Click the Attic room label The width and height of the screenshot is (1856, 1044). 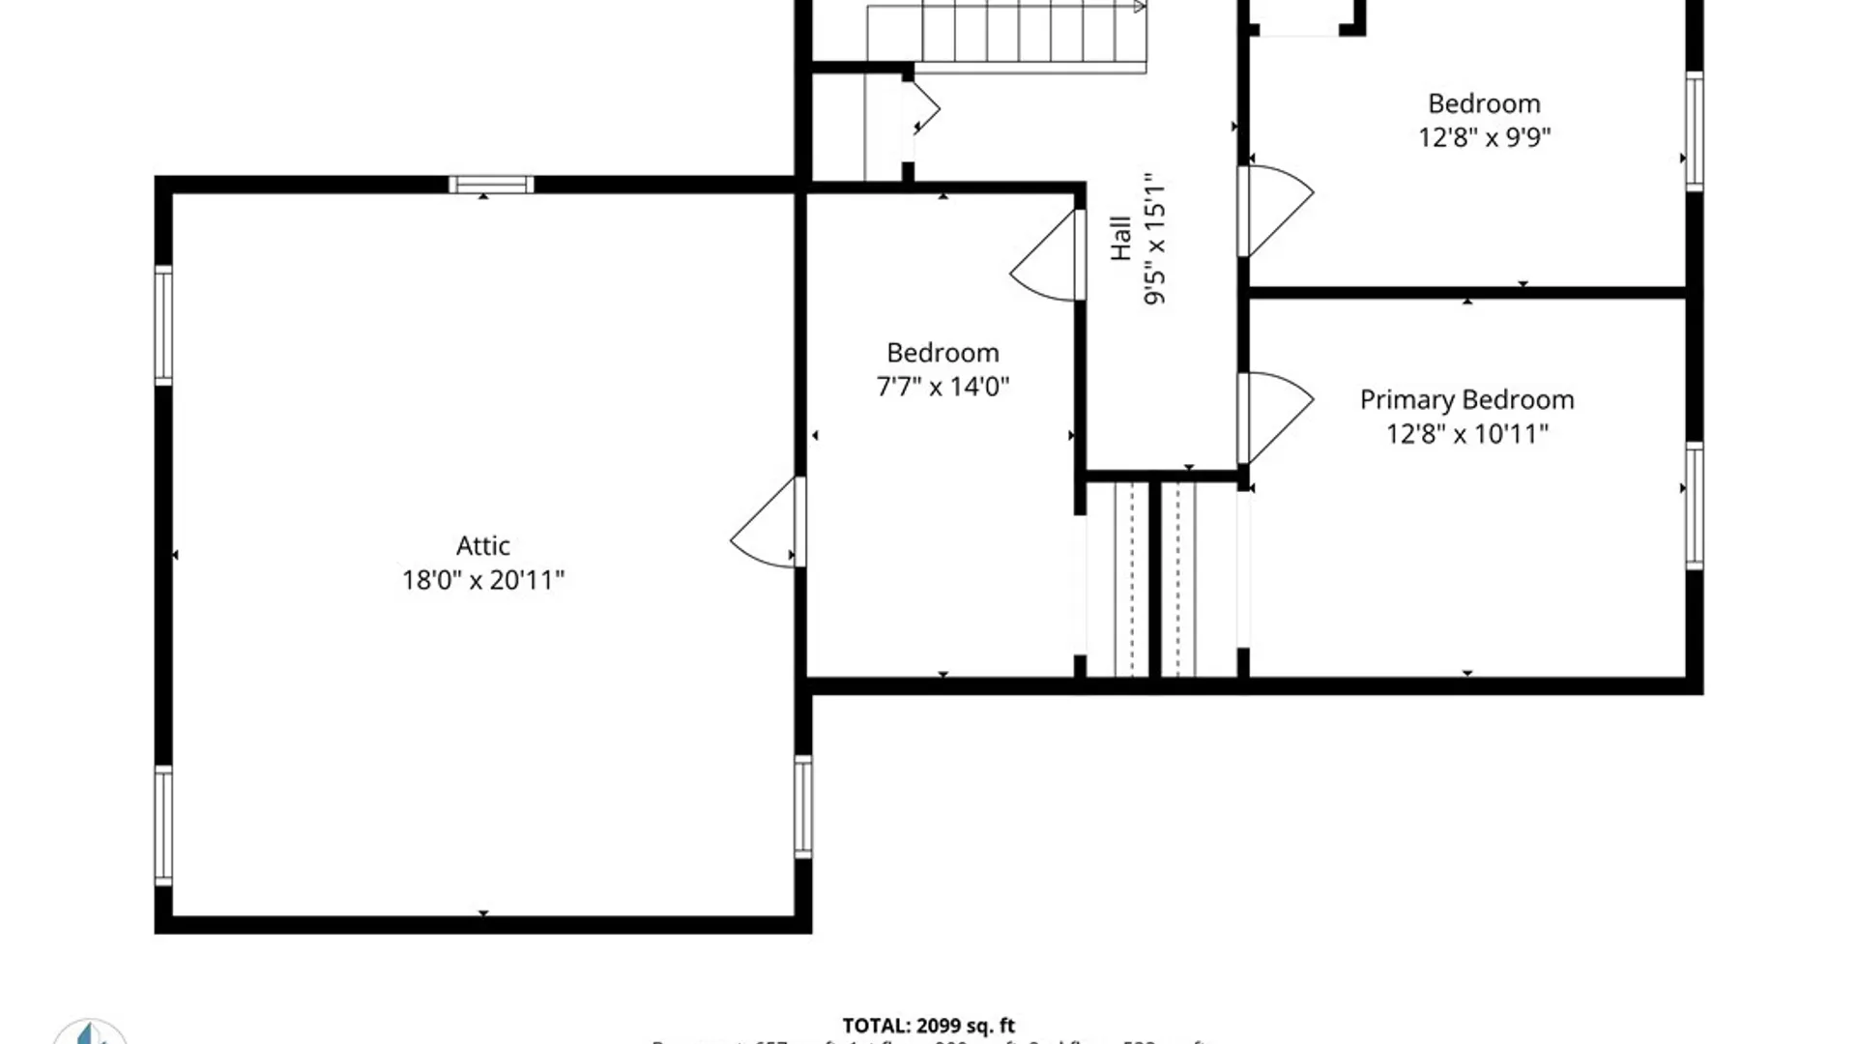[x=482, y=546]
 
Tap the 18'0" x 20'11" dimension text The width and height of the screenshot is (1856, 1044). [x=482, y=580]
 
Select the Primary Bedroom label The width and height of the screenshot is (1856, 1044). [x=1466, y=400]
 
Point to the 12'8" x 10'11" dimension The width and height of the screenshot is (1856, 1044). [x=1466, y=434]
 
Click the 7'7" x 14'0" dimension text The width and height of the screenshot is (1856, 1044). [x=942, y=387]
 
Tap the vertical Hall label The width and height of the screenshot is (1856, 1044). [x=1120, y=238]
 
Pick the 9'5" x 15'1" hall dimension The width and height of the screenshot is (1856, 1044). [x=1154, y=240]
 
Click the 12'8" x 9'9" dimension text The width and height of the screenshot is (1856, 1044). [x=1484, y=137]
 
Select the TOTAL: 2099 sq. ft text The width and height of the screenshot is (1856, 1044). [x=928, y=1026]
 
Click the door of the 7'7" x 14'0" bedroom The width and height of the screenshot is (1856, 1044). [x=1048, y=257]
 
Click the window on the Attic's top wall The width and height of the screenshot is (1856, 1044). [x=491, y=185]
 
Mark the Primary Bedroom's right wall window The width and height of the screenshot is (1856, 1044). [x=1695, y=506]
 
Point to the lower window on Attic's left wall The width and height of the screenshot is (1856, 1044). [x=163, y=825]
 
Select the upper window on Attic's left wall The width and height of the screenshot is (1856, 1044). [x=163, y=325]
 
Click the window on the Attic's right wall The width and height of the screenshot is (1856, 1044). [x=803, y=806]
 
